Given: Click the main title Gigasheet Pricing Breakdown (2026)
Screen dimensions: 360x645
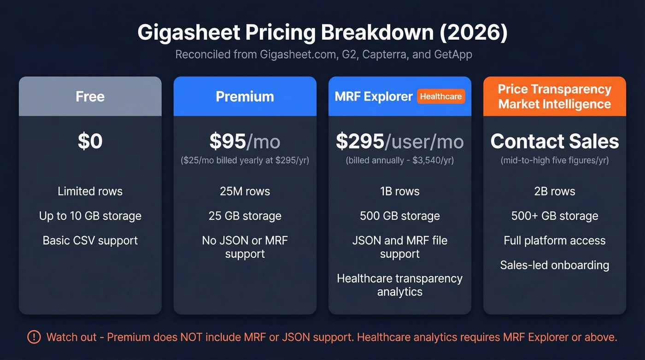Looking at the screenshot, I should coord(322,33).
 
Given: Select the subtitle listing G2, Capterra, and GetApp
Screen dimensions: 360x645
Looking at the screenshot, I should coord(323,54).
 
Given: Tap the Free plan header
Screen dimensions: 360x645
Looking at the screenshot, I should coord(90,96).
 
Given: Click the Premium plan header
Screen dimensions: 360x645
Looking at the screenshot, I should coord(245,96).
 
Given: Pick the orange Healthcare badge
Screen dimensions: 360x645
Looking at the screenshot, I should coord(441,96).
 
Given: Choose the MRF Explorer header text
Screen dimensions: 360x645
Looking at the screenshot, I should coord(374,96).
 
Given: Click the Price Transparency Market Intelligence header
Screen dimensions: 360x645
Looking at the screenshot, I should coord(554,96).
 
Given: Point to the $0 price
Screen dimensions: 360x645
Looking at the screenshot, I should coord(90,141).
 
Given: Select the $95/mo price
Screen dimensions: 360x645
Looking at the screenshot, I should coord(245,141).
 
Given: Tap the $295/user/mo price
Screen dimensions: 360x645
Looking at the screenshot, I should coord(399,141).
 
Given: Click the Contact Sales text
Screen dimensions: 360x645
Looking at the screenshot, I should coord(554,141).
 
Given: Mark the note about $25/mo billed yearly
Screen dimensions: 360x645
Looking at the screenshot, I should coord(245,160).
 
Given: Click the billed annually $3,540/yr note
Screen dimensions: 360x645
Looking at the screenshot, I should coord(399,160).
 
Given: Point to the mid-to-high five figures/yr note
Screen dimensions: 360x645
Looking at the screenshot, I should coord(554,160).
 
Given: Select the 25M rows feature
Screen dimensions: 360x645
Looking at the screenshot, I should coord(245,191).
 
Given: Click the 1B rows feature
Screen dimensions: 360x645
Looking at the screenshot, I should coord(399,191).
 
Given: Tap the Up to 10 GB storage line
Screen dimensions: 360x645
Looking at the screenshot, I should coord(90,216).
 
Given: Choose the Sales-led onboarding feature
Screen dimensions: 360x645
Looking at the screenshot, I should coord(554,265).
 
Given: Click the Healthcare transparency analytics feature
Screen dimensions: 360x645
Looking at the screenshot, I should coord(399,285).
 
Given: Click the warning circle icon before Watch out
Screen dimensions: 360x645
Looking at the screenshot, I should coord(34,337).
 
